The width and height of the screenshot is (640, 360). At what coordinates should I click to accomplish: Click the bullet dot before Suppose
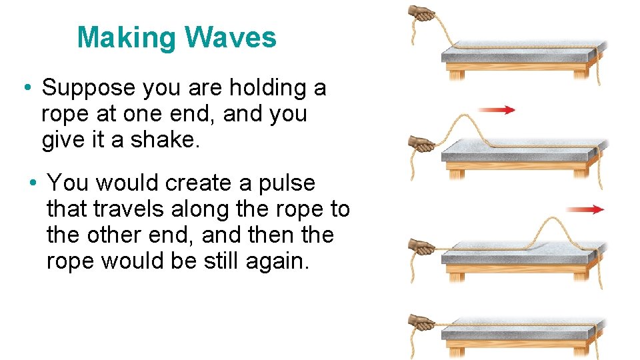tap(25, 87)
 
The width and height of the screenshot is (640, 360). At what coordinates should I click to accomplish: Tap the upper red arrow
tap(497, 110)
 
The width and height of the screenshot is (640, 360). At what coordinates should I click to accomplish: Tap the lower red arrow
tap(587, 209)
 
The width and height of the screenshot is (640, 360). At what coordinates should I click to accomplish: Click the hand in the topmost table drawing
tap(421, 11)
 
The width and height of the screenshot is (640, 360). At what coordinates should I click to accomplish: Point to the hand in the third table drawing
tap(421, 245)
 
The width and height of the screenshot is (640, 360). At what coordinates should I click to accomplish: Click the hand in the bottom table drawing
tap(421, 321)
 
